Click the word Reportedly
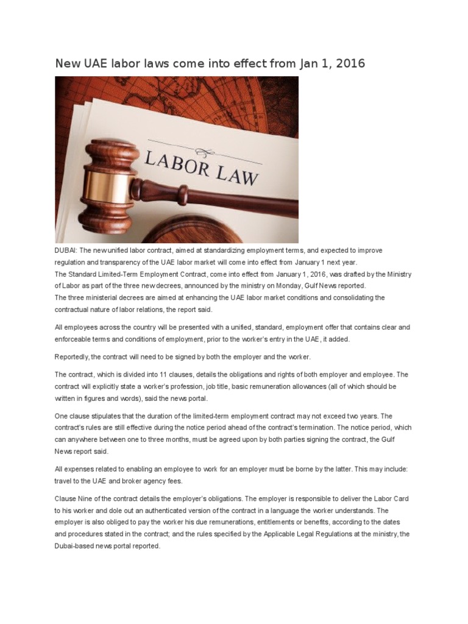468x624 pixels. (73, 356)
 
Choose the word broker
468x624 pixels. (143, 481)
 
